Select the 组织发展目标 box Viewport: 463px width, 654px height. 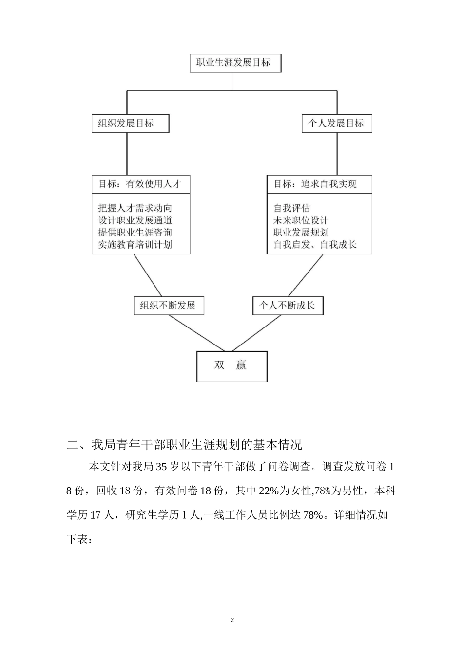pyautogui.click(x=130, y=124)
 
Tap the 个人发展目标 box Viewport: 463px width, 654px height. pyautogui.click(x=336, y=124)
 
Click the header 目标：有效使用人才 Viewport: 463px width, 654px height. pyautogui.click(x=140, y=184)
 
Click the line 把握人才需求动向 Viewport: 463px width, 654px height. pyautogui.click(x=135, y=208)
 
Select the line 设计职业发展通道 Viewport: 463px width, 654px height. pyautogui.click(x=135, y=220)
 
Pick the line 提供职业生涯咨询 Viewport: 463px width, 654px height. pyautogui.click(x=135, y=233)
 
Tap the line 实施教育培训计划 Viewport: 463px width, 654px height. pyautogui.click(x=135, y=244)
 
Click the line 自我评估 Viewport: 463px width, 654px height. pyautogui.click(x=291, y=208)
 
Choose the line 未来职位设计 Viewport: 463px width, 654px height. pyautogui.click(x=301, y=220)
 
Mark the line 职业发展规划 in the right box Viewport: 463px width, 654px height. pyautogui.click(x=301, y=233)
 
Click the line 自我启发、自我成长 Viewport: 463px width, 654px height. pyautogui.click(x=315, y=244)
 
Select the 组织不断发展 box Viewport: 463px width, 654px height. pyautogui.click(x=168, y=306)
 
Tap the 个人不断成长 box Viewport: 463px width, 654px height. pyautogui.click(x=288, y=306)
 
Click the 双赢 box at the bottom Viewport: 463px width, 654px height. pyautogui.click(x=231, y=366)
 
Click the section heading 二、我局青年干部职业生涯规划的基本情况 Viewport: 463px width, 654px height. pyautogui.click(x=185, y=445)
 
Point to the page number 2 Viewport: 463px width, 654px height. pyautogui.click(x=232, y=620)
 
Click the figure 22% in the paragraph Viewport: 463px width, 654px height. pyautogui.click(x=268, y=491)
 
